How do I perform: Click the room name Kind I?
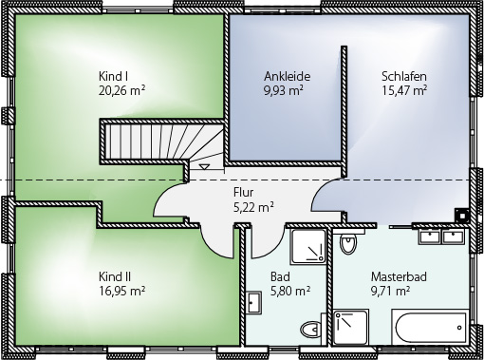tap(113, 76)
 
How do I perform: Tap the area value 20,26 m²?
tap(122, 90)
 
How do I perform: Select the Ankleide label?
tap(288, 76)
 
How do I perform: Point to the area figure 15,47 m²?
tap(404, 90)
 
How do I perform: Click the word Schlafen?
tap(404, 76)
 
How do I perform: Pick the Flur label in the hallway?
tap(243, 192)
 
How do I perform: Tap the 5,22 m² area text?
tap(253, 207)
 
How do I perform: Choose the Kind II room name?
tap(115, 276)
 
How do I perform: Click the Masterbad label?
tap(399, 276)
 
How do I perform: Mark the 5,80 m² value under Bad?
tap(290, 291)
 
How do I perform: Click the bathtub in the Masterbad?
tap(430, 327)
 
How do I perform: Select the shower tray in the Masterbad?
tap(351, 327)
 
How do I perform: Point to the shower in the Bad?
tap(308, 247)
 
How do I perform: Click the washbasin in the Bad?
tap(253, 302)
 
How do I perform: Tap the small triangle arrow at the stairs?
tap(204, 166)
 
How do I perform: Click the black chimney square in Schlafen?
tap(462, 216)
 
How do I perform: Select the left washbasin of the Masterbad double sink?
tap(429, 237)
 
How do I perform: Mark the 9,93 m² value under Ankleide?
tap(284, 90)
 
